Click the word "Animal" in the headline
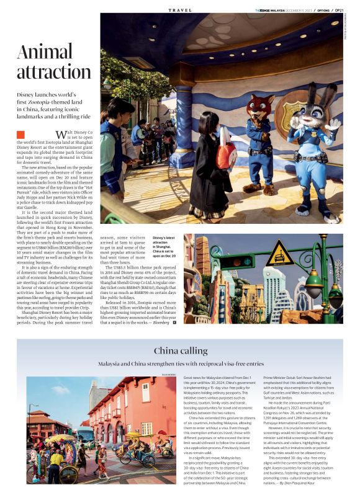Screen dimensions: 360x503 tap(45, 52)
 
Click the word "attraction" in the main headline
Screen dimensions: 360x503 tap(54, 72)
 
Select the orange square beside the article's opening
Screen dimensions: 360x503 tap(20, 134)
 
